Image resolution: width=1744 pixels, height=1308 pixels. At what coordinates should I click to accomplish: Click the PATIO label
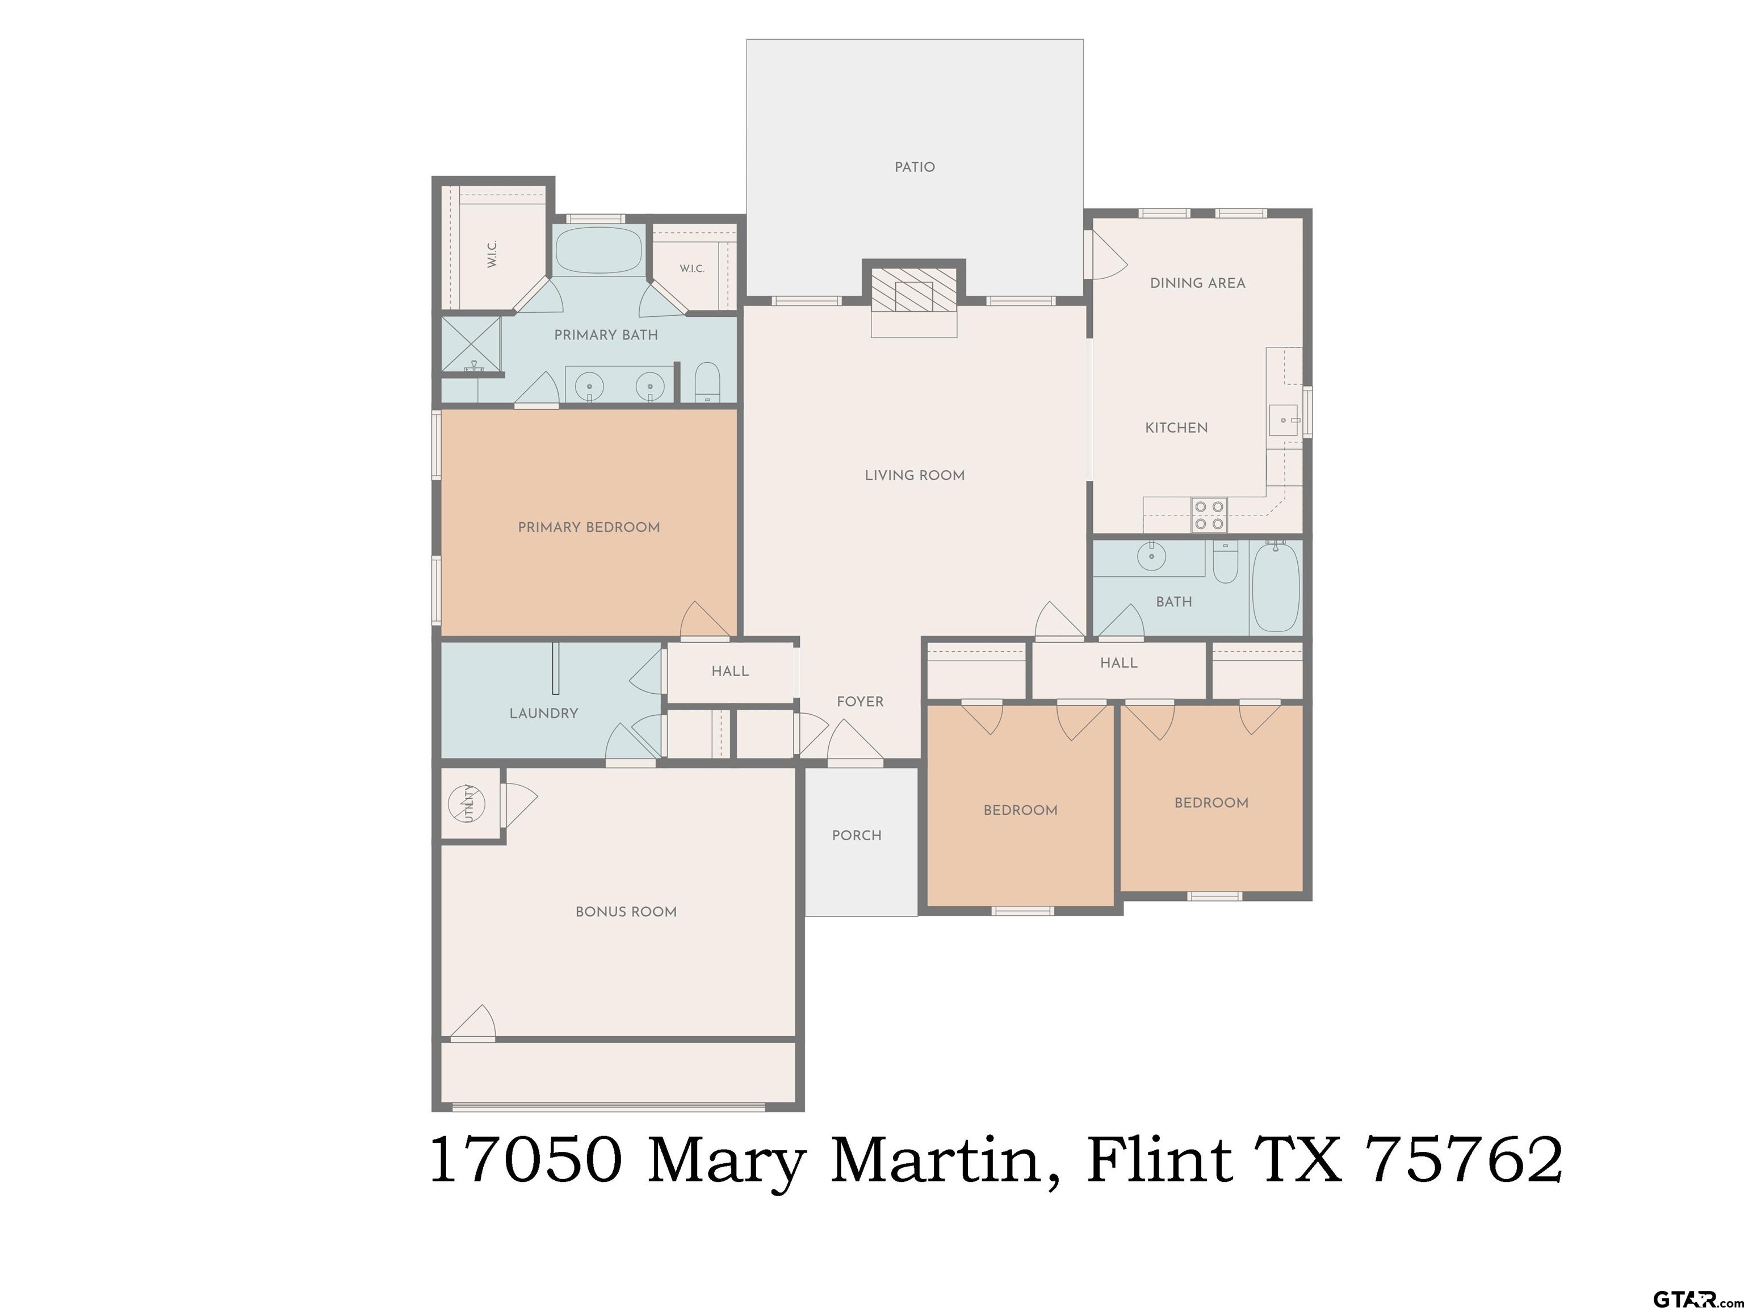click(915, 167)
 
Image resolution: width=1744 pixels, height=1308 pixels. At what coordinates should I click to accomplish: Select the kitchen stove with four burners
click(1209, 515)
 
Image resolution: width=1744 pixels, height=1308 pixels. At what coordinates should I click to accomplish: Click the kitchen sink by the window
click(1283, 420)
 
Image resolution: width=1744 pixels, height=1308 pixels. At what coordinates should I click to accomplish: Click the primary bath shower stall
click(471, 345)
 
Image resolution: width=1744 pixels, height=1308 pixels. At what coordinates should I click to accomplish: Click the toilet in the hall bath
click(1225, 562)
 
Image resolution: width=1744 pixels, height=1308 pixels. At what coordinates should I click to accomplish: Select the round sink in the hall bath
click(1152, 556)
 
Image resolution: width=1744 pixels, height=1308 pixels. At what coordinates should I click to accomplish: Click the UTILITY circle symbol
click(466, 803)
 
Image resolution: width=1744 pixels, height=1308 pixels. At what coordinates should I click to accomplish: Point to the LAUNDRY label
click(543, 714)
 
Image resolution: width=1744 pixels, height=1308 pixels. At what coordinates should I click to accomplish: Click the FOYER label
click(860, 702)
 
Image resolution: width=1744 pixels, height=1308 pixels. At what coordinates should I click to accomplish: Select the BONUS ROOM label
click(626, 912)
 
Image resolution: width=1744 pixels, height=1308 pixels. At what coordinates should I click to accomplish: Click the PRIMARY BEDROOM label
click(589, 527)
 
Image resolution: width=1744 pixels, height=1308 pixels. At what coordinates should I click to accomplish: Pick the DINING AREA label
click(1198, 283)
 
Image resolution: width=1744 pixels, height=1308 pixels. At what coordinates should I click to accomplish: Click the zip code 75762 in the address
click(1465, 1160)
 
